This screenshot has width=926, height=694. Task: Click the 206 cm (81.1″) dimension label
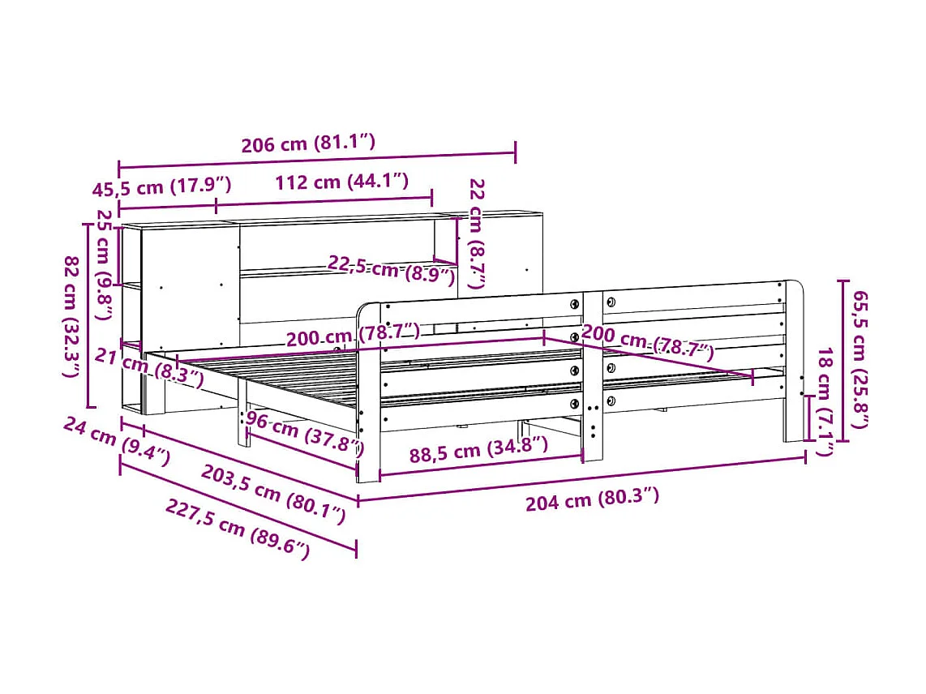point(308,144)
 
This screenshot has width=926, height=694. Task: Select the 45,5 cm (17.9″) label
point(161,187)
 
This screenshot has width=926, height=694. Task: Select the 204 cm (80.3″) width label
point(592,499)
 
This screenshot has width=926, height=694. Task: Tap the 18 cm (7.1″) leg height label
point(824,401)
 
